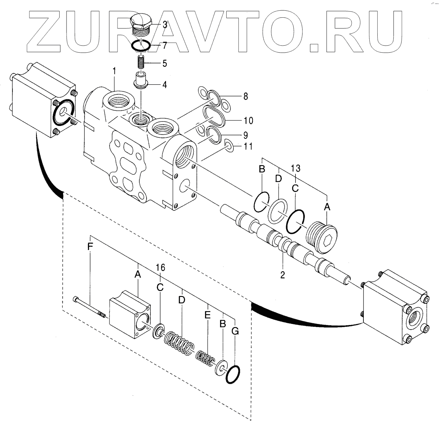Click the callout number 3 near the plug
pyautogui.click(x=165, y=25)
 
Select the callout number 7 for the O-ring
pyautogui.click(x=165, y=45)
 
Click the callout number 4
pyautogui.click(x=164, y=84)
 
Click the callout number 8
pyautogui.click(x=245, y=97)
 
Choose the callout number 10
pyautogui.click(x=248, y=121)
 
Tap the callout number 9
pyautogui.click(x=245, y=135)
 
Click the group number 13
pyautogui.click(x=295, y=169)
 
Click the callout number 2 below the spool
pyautogui.click(x=282, y=275)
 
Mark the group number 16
pyautogui.click(x=160, y=268)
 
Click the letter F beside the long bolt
pyautogui.click(x=90, y=247)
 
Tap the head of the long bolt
pyautogui.click(x=76, y=299)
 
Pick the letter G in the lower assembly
pyautogui.click(x=235, y=331)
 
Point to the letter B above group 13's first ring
pyautogui.click(x=262, y=169)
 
